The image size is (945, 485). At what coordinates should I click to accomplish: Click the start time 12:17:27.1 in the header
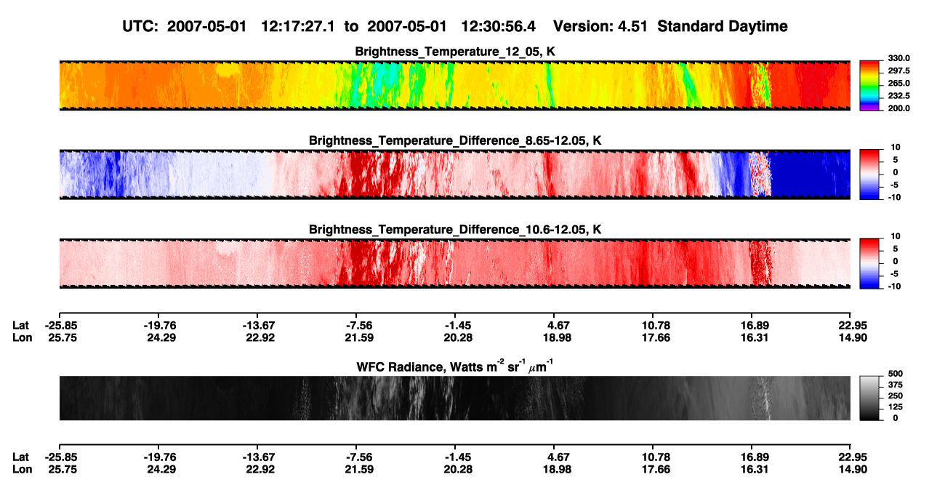(x=297, y=26)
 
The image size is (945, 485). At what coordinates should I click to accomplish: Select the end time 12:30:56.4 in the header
(x=498, y=26)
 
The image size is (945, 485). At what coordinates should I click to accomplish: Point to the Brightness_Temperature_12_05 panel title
(x=455, y=52)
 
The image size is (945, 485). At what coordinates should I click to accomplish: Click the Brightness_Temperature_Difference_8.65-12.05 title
(x=455, y=140)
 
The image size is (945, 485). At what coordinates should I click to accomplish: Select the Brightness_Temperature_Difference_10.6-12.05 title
(x=455, y=230)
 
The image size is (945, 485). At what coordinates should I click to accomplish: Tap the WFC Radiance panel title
(x=455, y=366)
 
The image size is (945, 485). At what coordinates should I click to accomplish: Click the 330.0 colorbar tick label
(x=898, y=58)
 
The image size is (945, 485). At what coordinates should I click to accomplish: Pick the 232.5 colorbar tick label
(x=898, y=96)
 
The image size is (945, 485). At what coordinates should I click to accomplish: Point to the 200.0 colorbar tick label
(x=898, y=108)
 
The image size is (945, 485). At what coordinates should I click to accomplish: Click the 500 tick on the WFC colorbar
(x=896, y=374)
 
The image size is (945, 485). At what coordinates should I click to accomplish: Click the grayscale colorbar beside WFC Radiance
(x=870, y=398)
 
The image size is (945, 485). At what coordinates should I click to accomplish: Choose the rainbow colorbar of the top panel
(x=870, y=86)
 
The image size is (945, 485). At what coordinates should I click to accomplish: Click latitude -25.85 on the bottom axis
(x=62, y=457)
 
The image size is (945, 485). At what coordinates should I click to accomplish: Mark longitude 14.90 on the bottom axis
(x=853, y=470)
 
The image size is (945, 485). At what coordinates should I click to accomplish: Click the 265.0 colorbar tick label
(x=898, y=83)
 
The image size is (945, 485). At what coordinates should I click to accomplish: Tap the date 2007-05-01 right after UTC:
(x=206, y=26)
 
